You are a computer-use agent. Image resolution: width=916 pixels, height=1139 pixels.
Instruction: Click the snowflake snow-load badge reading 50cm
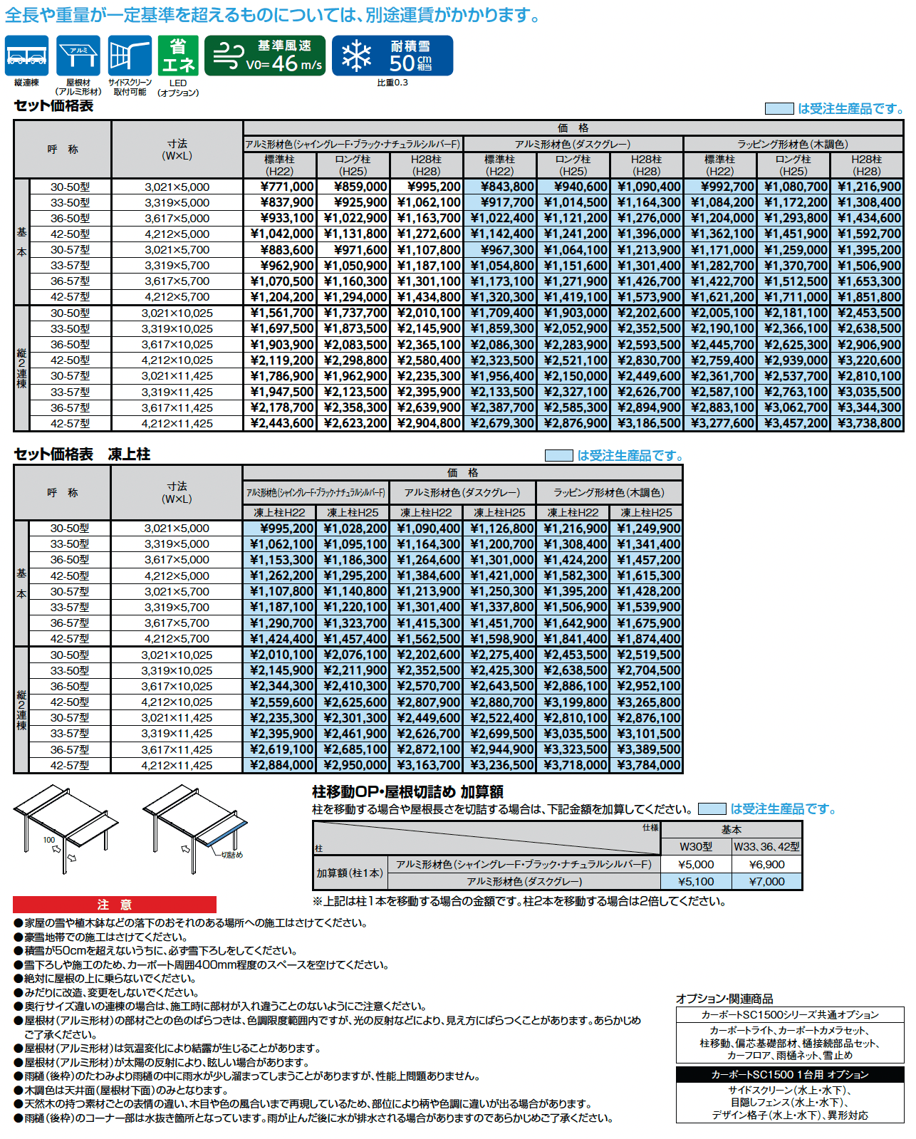(x=392, y=56)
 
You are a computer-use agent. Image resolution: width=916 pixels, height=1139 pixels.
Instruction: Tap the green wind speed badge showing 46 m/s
(x=264, y=56)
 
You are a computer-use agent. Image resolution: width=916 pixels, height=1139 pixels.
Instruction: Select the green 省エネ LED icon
(x=178, y=56)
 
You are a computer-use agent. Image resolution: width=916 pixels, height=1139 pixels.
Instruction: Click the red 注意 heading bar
(x=115, y=905)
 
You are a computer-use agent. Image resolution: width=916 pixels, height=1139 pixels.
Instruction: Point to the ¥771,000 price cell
(x=281, y=187)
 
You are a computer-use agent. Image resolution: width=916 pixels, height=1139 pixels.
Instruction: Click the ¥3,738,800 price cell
(x=867, y=423)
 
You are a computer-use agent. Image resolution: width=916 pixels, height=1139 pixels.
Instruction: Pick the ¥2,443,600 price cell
(x=281, y=423)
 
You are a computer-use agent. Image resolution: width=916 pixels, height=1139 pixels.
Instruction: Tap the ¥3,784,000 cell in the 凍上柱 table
(x=647, y=765)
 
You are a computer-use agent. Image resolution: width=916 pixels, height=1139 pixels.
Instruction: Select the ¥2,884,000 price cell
(x=281, y=765)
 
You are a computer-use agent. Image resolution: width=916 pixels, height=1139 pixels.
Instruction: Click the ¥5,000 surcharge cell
(x=696, y=864)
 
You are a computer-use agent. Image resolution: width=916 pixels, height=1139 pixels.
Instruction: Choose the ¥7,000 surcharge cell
(x=766, y=881)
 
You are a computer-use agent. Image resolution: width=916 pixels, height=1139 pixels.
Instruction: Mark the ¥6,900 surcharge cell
(x=766, y=864)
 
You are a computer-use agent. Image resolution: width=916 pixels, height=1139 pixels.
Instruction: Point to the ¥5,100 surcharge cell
(x=696, y=881)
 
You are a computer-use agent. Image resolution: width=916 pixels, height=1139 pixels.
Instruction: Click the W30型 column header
(x=696, y=846)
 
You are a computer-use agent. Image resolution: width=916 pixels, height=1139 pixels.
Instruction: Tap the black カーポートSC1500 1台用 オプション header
(x=789, y=1074)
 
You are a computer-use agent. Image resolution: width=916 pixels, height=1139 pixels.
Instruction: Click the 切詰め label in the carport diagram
(x=232, y=855)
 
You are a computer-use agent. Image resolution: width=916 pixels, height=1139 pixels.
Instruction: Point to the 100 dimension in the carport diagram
(x=49, y=840)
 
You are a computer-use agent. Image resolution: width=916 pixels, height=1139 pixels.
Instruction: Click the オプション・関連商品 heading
(x=724, y=999)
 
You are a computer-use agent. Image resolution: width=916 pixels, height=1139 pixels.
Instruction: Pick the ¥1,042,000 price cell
(x=281, y=234)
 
